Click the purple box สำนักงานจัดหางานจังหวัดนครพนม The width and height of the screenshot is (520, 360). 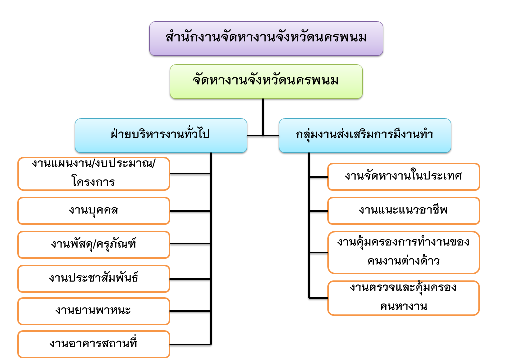[x=266, y=38]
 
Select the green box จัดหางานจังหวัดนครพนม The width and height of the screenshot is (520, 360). [x=266, y=81]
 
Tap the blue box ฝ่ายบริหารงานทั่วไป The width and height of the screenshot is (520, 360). [x=161, y=135]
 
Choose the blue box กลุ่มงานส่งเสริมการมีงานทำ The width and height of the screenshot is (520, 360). [x=365, y=135]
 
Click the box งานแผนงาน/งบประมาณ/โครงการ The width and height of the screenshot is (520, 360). [x=94, y=174]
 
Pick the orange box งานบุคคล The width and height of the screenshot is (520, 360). [x=94, y=210]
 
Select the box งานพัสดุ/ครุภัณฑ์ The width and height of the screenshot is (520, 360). [x=94, y=244]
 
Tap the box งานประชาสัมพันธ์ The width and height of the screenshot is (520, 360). [x=94, y=278]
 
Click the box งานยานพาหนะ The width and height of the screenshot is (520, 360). [x=94, y=311]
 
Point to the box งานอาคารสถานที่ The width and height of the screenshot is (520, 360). [x=94, y=344]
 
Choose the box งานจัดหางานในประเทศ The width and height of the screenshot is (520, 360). [x=403, y=177]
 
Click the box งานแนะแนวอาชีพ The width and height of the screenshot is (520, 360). [x=403, y=210]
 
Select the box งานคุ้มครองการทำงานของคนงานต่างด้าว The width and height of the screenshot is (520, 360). [x=403, y=252]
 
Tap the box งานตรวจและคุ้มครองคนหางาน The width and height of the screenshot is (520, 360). [x=403, y=298]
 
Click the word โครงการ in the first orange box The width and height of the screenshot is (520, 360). [x=94, y=182]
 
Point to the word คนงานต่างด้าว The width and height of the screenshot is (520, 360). [x=403, y=260]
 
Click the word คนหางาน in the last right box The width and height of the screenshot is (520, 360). [x=403, y=306]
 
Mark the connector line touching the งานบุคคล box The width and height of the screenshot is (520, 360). [x=190, y=211]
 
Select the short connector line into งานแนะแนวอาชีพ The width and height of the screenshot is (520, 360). [x=318, y=211]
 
